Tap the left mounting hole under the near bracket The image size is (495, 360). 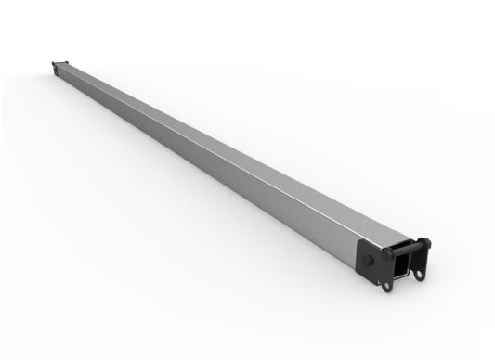[387, 285]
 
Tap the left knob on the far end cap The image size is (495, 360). [53, 64]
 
